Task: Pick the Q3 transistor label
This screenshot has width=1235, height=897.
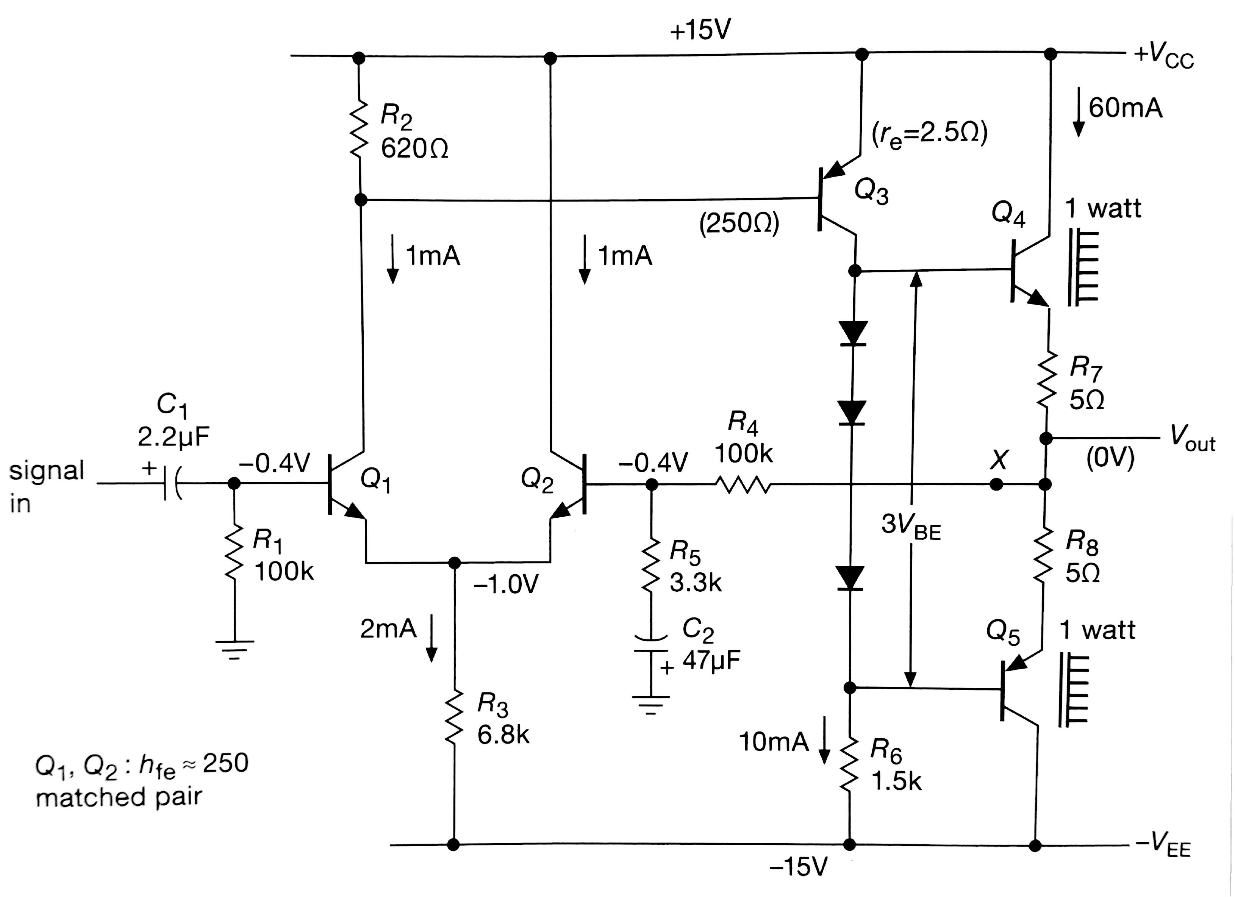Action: pos(871,192)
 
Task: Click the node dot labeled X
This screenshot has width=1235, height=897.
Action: pos(996,484)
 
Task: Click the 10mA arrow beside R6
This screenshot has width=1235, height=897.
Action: pos(824,741)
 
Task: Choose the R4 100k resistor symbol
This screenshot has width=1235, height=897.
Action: pos(743,484)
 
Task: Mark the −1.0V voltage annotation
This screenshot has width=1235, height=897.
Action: pos(506,584)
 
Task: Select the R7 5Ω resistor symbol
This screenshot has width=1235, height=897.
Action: pos(1046,386)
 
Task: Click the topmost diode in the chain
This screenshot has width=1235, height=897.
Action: pos(853,333)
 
